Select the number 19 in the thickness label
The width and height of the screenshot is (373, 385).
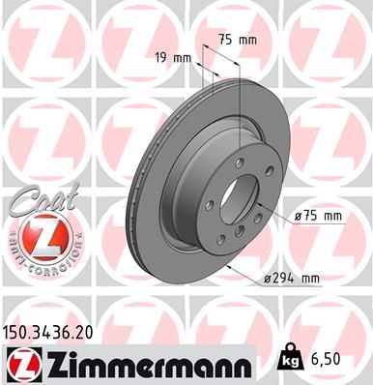pyautogui.click(x=162, y=58)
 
